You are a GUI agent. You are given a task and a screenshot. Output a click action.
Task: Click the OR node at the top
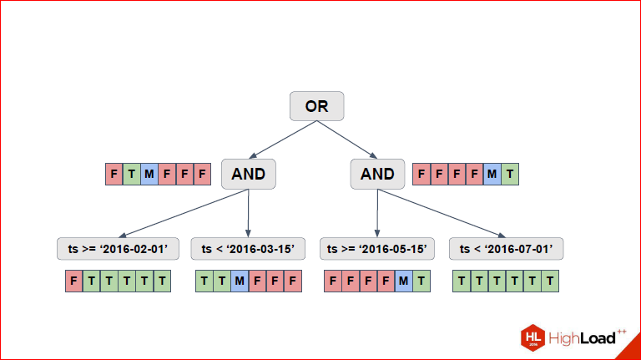(x=317, y=106)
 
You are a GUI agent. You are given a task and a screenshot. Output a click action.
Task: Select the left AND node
(x=249, y=175)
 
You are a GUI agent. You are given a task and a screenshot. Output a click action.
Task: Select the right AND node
(x=377, y=175)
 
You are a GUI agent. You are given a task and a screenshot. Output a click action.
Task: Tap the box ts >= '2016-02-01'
(x=119, y=249)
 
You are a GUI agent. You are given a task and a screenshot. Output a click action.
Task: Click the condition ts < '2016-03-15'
(x=248, y=249)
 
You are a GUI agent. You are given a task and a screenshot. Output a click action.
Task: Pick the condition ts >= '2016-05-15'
(x=377, y=249)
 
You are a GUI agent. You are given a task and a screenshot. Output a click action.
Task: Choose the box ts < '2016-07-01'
(x=506, y=249)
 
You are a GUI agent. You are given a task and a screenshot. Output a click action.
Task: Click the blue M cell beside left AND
(x=149, y=175)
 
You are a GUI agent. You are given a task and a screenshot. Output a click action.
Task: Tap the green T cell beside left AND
(x=132, y=175)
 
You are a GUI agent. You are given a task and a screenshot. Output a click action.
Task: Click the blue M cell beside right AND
(x=492, y=175)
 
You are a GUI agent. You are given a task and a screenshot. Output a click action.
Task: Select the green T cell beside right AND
(x=510, y=175)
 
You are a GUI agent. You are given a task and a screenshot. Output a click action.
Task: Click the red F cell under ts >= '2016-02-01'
(x=74, y=281)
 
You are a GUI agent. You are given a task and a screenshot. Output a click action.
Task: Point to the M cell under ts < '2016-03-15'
(x=240, y=281)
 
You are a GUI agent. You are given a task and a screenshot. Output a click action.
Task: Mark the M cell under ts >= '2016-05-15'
(x=403, y=281)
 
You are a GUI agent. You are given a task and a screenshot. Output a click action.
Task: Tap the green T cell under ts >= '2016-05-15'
(x=421, y=281)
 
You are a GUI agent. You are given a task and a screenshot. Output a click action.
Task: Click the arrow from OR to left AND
(x=283, y=139)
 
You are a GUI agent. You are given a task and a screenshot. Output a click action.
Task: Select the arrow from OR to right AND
(x=347, y=139)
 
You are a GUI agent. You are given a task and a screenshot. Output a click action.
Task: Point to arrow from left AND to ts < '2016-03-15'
(x=248, y=213)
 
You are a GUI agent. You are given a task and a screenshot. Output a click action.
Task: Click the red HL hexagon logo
(x=533, y=338)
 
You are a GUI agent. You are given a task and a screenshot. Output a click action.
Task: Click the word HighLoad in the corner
(x=582, y=338)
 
